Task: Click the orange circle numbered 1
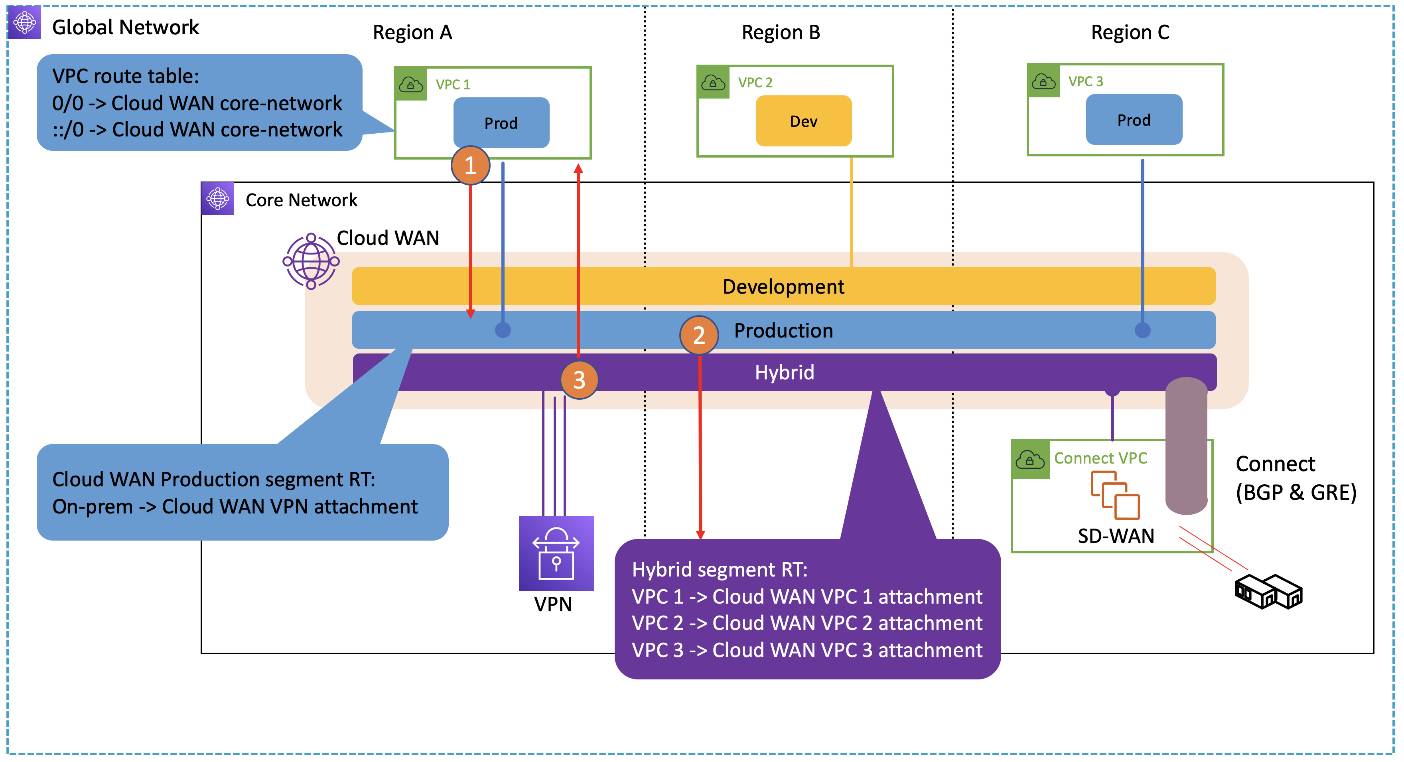click(470, 165)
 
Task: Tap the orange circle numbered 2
click(699, 335)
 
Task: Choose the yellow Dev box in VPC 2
click(803, 121)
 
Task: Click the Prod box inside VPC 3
click(1134, 120)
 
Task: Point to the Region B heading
click(781, 33)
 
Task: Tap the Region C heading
click(1130, 33)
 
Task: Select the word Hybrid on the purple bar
click(784, 373)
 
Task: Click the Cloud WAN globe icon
click(311, 261)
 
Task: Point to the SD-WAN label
click(1116, 536)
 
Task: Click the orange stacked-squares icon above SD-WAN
click(1114, 495)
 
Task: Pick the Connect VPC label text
click(1100, 458)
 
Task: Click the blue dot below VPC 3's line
click(1142, 330)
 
